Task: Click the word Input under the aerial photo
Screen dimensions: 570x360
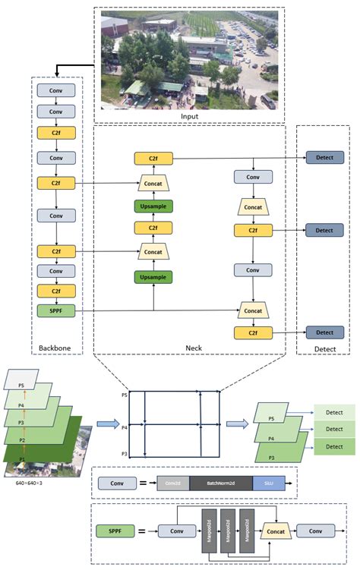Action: point(189,116)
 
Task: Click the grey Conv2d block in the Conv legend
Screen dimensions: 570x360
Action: point(172,482)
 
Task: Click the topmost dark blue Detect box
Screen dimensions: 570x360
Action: point(324,158)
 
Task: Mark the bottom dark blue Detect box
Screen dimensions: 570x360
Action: point(324,332)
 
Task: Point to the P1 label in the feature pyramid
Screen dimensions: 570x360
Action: point(22,460)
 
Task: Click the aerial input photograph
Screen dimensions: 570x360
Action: point(189,61)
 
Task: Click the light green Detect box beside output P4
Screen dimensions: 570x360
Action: point(334,430)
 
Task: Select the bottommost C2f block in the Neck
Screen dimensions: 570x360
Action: point(252,332)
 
